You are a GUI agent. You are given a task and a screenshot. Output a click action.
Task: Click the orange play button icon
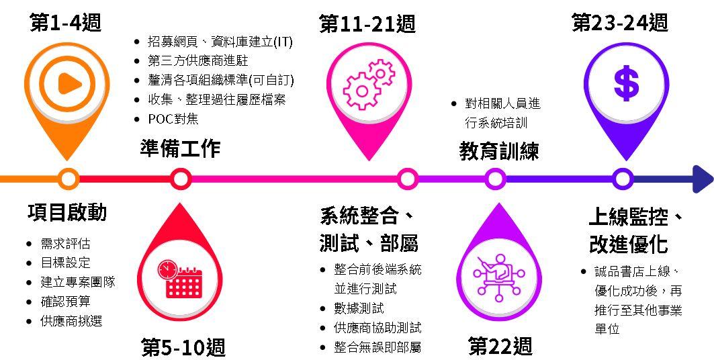coord(67,83)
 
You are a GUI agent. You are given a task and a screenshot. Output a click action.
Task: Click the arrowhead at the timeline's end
coord(702,179)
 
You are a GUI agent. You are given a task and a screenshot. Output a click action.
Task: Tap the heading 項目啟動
coord(67,212)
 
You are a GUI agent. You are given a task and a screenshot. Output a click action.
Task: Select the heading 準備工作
coord(180,148)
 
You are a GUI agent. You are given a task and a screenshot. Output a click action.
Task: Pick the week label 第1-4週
coord(65,23)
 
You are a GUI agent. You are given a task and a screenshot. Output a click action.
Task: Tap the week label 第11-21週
coord(367,24)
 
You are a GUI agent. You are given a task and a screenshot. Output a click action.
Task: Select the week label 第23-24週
coord(620,23)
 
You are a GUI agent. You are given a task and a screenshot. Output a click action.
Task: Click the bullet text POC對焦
coord(173,119)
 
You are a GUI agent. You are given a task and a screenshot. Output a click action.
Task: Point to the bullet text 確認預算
coord(65,302)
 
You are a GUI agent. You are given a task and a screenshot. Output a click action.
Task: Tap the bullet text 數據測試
coord(359,308)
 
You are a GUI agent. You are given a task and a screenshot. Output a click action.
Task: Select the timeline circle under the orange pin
coord(67,179)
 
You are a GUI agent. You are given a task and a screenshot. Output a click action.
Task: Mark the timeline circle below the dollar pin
coord(623,179)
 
